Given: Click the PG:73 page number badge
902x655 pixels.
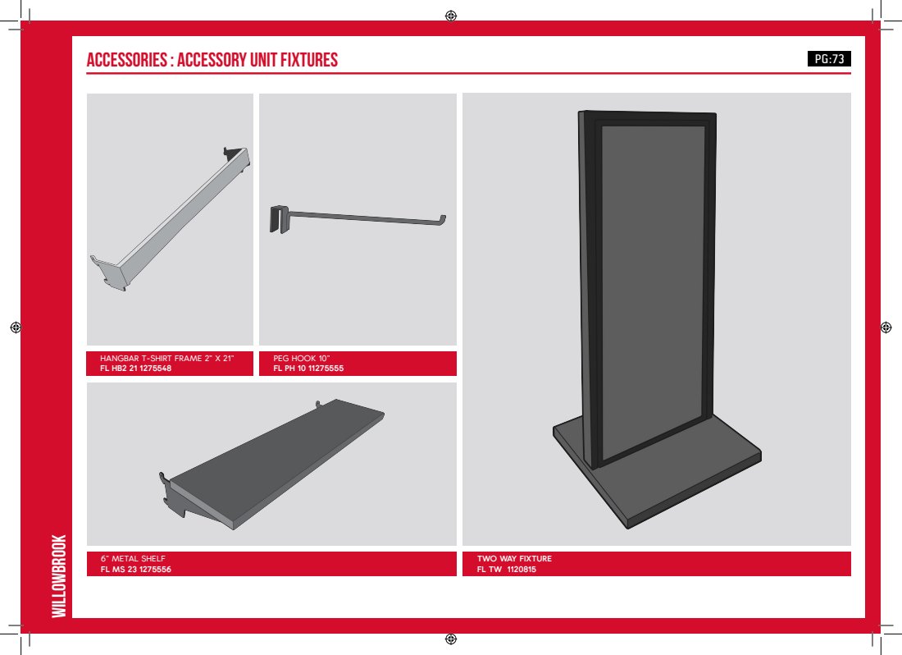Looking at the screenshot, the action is (829, 59).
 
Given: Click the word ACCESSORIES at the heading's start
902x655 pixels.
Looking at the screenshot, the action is (126, 60).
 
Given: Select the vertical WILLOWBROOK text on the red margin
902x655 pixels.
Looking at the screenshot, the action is (59, 576).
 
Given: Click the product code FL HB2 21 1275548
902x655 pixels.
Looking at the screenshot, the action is (136, 369).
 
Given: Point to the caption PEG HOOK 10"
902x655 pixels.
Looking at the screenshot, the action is (302, 358).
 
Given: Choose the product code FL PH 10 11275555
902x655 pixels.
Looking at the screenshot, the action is (308, 369).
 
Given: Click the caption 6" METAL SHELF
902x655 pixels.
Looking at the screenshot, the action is (133, 558).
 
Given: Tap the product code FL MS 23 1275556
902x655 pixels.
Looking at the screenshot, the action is (136, 570).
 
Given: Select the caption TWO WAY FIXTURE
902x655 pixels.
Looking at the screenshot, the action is (514, 558).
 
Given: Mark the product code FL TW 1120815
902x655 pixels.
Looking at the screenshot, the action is (506, 570).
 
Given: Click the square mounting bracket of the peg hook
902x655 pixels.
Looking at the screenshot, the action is (280, 219).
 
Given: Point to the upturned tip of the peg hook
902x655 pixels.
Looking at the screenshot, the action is (442, 219).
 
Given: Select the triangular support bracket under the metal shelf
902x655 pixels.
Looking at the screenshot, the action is (174, 494).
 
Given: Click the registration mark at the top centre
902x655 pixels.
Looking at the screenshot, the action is (451, 16).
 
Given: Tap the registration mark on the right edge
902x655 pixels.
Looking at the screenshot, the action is (886, 327).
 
